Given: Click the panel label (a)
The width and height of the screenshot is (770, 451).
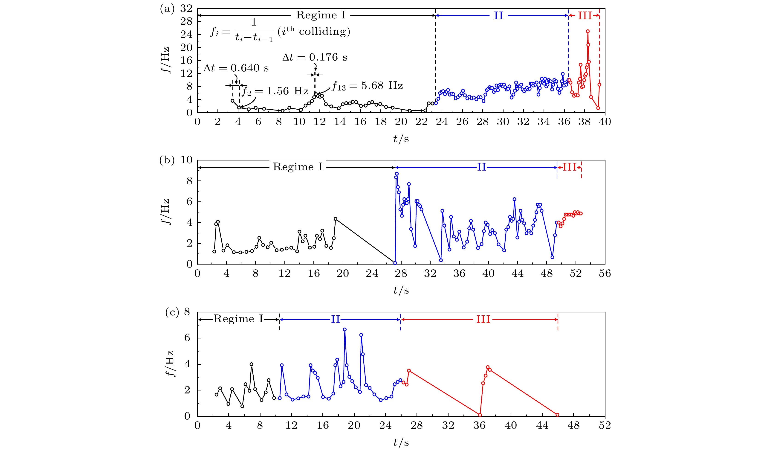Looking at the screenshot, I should tap(167, 9).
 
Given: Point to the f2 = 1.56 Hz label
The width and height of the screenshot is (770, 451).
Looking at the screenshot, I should tap(275, 91).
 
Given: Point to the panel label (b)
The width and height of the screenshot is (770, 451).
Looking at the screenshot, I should tap(167, 160).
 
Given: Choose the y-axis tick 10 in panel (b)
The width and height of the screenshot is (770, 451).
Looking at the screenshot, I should tap(186, 160).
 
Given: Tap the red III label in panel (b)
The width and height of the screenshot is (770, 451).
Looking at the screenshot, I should tap(570, 167).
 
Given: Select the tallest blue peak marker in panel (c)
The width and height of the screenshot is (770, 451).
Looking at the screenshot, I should tap(345, 329).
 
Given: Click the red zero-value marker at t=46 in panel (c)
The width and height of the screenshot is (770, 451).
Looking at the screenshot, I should tap(557, 415).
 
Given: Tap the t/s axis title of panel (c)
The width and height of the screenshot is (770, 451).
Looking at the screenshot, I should tap(401, 442).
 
